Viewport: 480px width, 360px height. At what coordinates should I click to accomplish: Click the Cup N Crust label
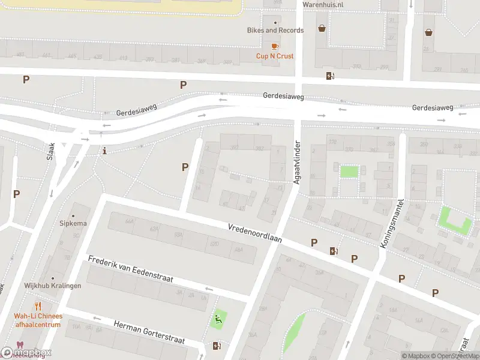click(275, 56)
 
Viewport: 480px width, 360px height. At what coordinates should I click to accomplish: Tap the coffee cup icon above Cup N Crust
click(275, 46)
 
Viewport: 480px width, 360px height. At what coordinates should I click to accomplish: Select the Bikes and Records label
click(275, 30)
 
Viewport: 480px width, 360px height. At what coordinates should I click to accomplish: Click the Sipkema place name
click(73, 224)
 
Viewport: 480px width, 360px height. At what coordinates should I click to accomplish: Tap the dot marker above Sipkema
click(73, 215)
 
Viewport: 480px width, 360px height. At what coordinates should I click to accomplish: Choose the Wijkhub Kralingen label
click(53, 286)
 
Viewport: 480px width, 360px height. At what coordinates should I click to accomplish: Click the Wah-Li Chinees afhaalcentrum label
click(38, 320)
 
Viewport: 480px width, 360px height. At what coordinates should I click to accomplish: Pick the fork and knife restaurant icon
click(38, 306)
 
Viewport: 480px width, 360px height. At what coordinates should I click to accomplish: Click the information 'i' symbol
click(105, 150)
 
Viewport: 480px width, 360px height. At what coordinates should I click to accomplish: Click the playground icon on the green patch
click(218, 319)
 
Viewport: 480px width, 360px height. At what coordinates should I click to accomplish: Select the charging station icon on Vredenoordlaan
click(334, 251)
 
